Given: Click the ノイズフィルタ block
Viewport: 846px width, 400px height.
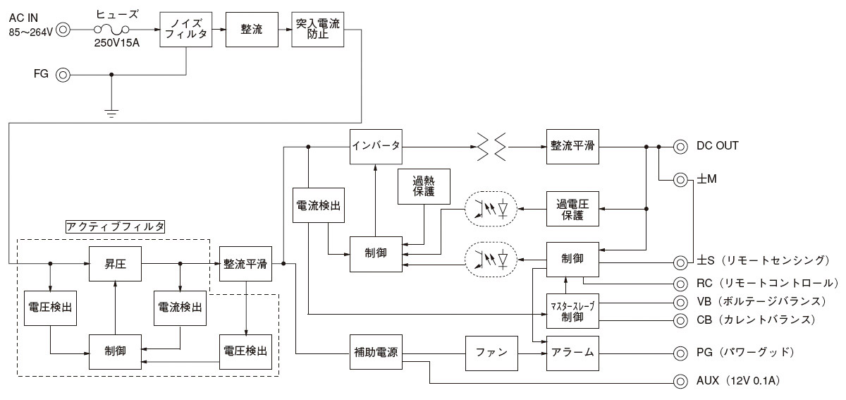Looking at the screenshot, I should click(185, 29).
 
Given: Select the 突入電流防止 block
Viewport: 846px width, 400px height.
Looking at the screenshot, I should click(318, 29).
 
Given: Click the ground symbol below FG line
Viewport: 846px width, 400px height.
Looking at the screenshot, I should click(111, 112).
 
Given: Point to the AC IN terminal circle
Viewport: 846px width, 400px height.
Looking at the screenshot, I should click(63, 30).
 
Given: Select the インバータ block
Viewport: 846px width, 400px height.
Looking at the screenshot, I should click(376, 147).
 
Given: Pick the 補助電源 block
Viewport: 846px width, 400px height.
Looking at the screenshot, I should click(376, 351).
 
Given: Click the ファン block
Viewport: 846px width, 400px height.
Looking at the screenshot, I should click(491, 351).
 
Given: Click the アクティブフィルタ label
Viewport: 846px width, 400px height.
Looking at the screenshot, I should click(114, 226).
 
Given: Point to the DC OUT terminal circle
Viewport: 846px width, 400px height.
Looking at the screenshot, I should click(680, 147).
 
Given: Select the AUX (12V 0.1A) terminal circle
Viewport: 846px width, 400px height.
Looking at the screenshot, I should click(680, 381).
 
